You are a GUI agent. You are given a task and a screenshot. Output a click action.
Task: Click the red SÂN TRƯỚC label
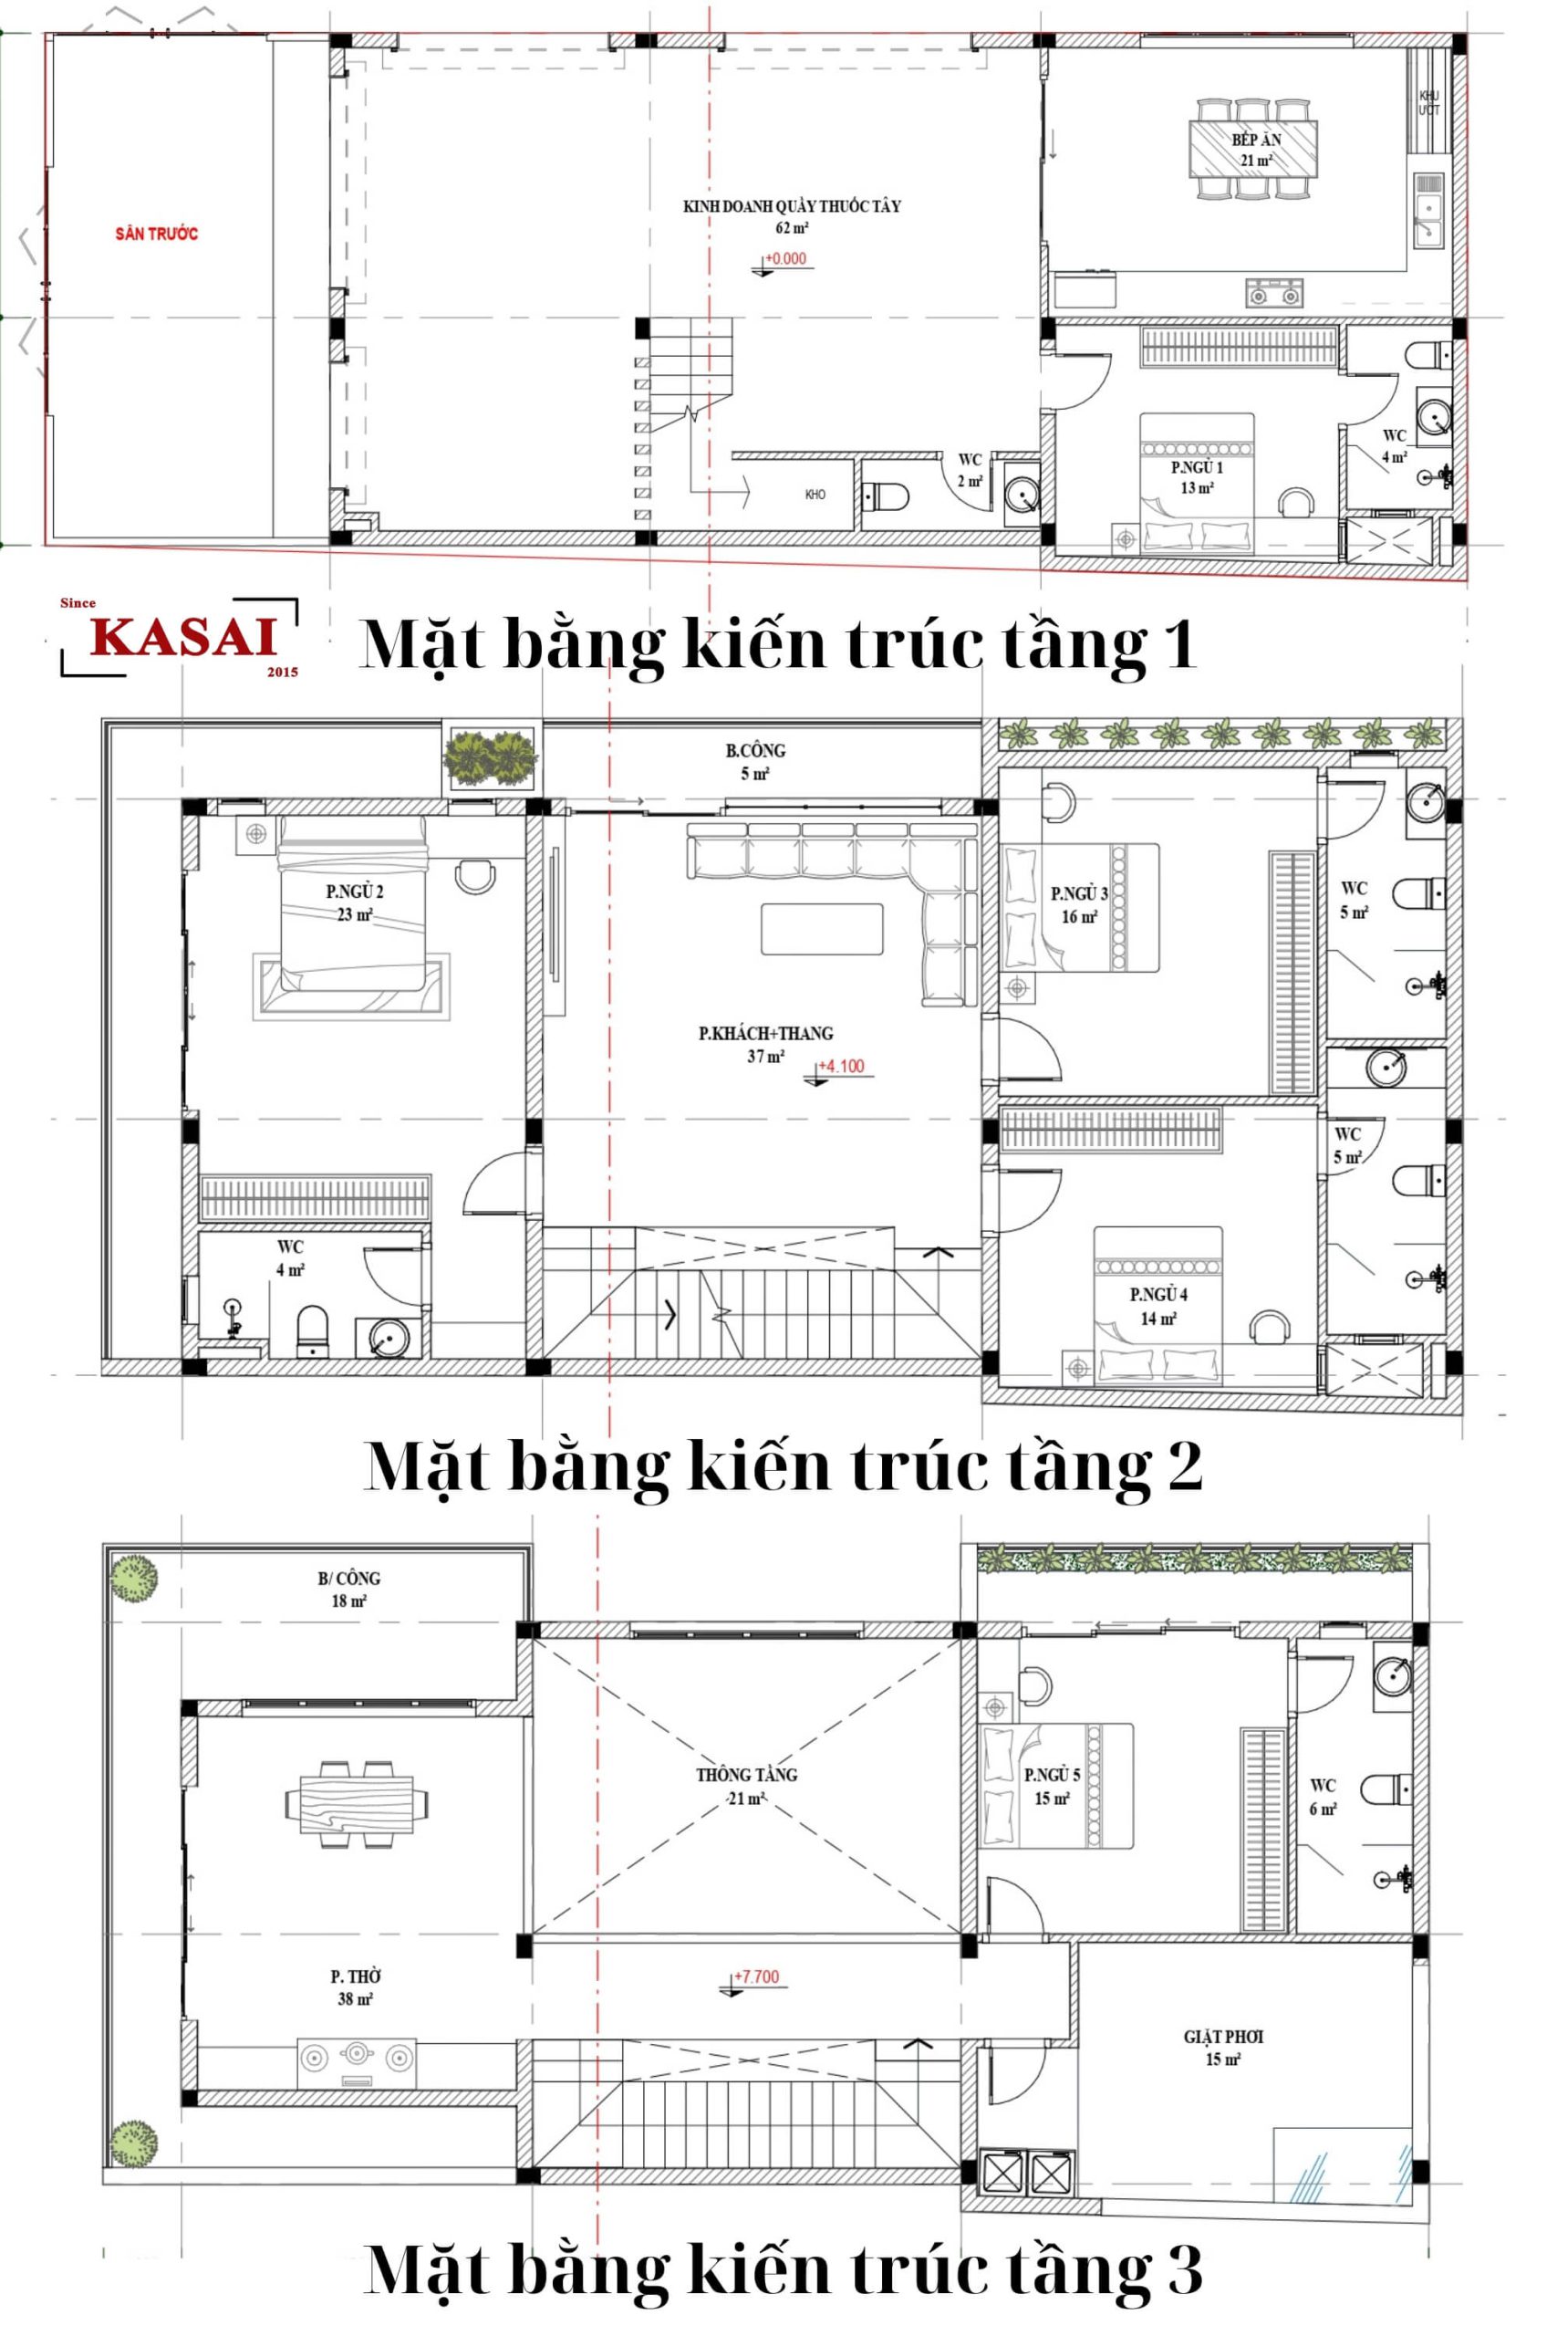click(156, 234)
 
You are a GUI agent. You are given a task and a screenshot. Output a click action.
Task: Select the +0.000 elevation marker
click(784, 260)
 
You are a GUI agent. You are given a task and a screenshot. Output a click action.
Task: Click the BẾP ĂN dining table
click(1255, 148)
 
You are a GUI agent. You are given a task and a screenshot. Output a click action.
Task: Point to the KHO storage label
click(815, 495)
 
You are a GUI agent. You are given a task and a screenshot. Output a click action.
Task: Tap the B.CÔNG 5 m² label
click(754, 761)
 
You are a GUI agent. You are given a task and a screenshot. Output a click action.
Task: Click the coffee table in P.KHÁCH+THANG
click(821, 929)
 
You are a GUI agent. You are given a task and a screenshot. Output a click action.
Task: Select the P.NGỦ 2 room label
click(354, 892)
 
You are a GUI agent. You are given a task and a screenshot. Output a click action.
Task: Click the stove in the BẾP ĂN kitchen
click(1274, 293)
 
